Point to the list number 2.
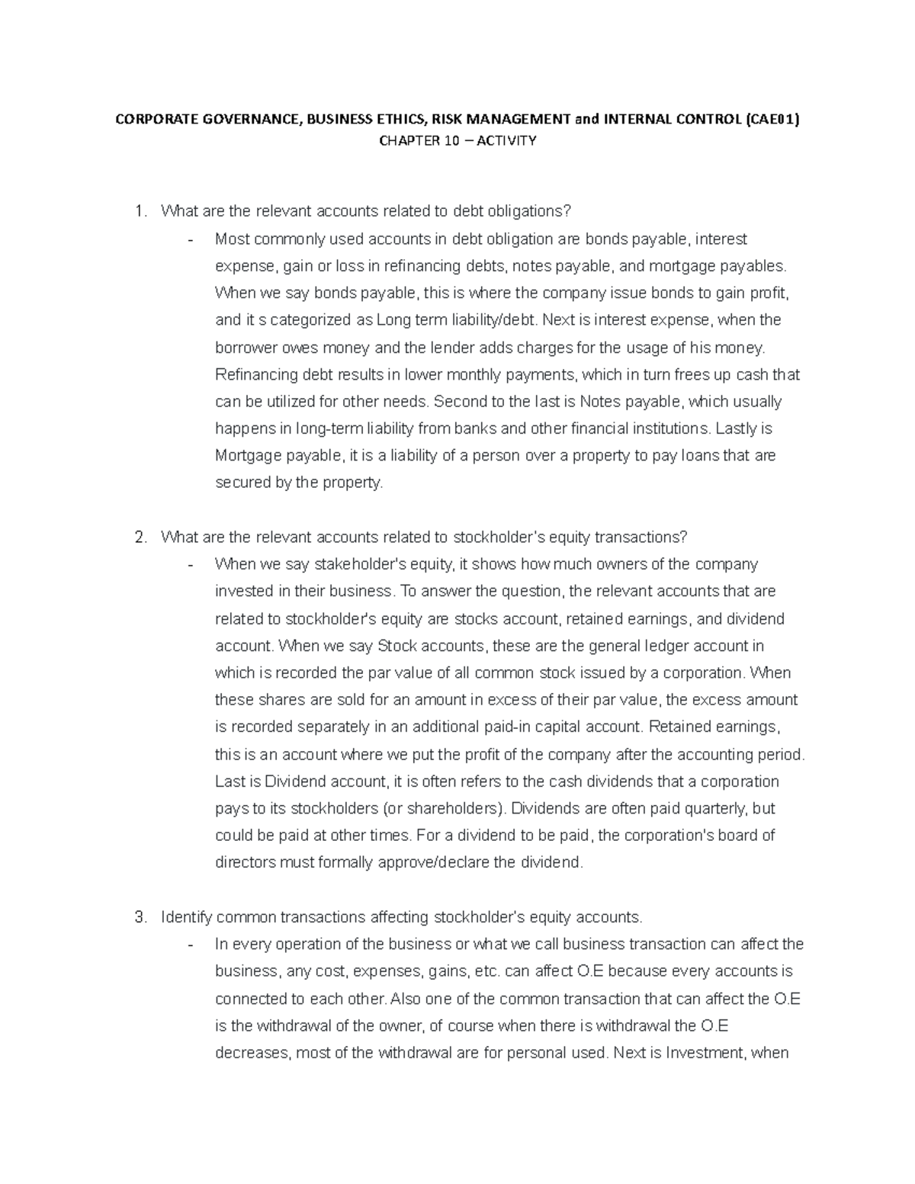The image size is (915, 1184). pos(139,537)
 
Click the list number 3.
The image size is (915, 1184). pos(139,917)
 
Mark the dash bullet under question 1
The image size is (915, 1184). pos(189,239)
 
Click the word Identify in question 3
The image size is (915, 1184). pos(187,917)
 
